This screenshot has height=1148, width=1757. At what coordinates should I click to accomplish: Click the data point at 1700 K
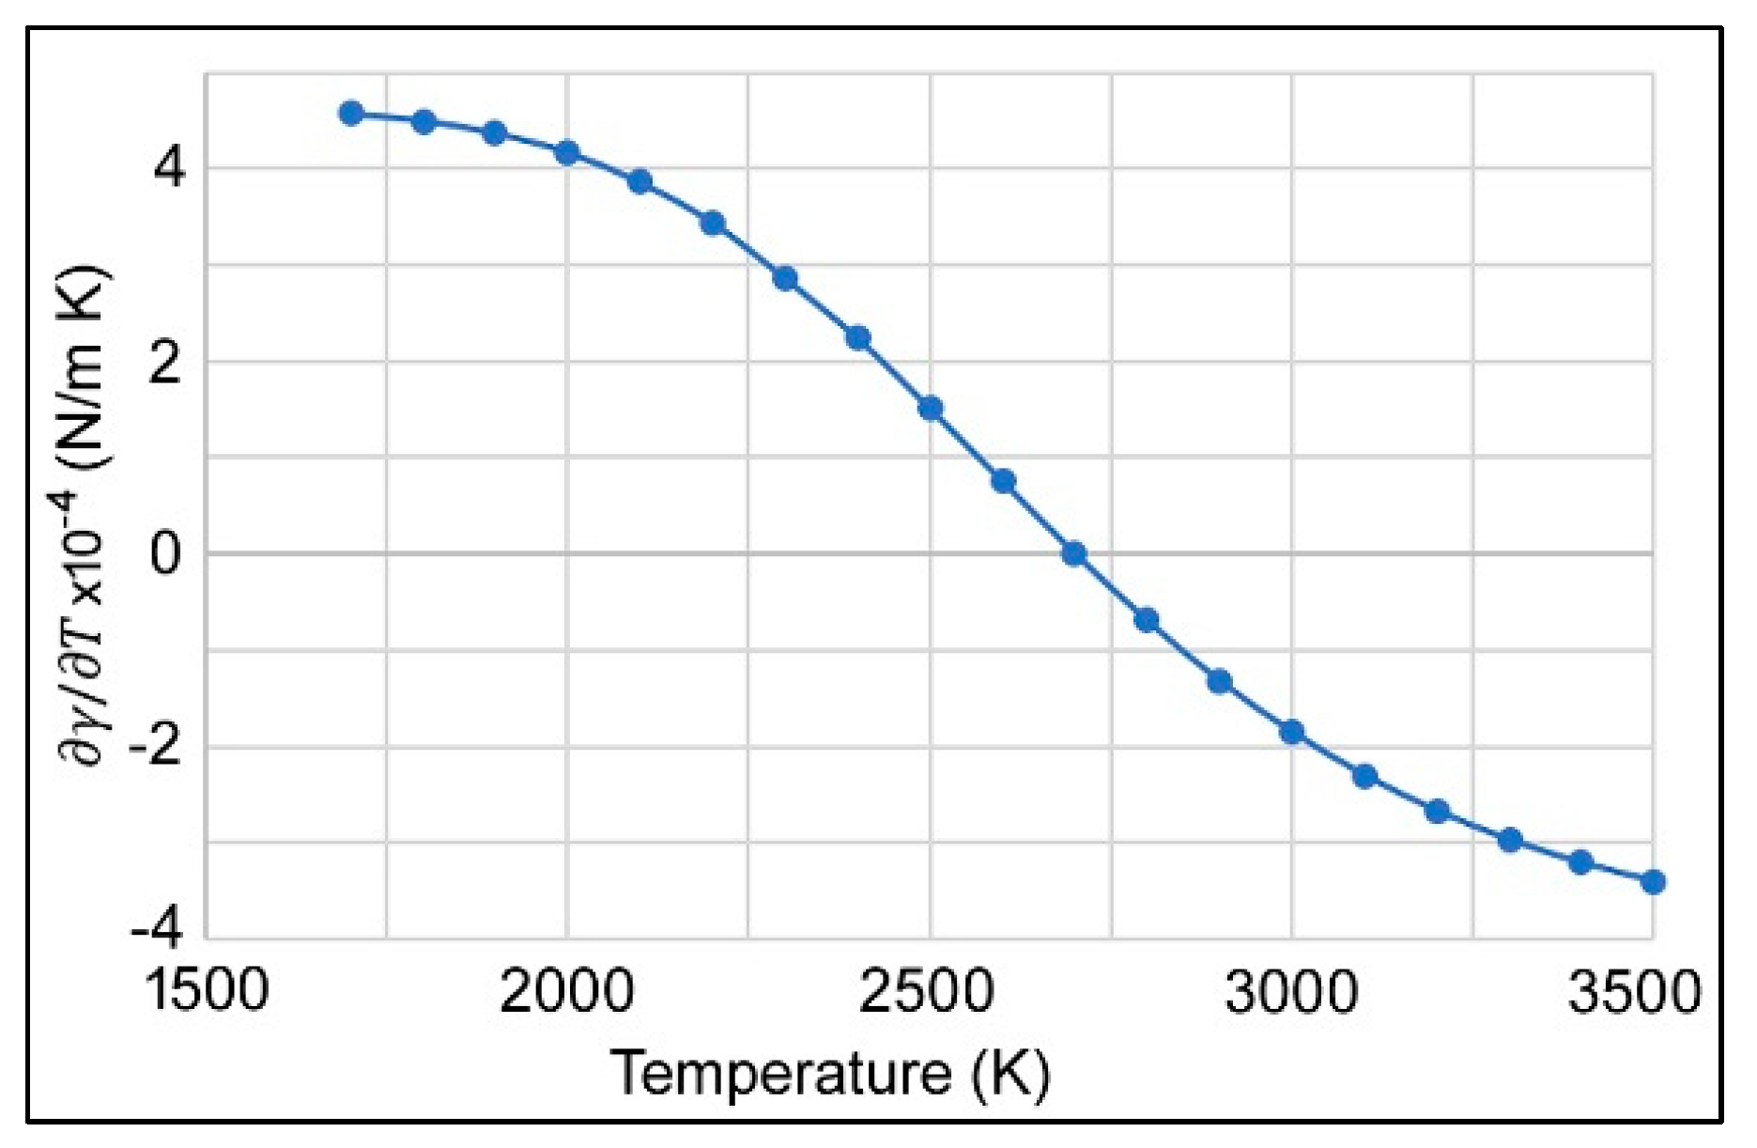[x=351, y=114]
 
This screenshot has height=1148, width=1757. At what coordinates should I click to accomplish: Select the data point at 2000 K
[x=566, y=152]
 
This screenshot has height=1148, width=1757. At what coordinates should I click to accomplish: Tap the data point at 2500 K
[x=930, y=408]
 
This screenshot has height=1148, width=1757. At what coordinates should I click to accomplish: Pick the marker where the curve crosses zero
[x=1074, y=553]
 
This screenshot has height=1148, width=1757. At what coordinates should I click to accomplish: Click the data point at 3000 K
[x=1292, y=732]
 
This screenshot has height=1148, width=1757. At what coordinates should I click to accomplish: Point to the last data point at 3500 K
[x=1653, y=881]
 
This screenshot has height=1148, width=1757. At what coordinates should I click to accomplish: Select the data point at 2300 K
[x=785, y=278]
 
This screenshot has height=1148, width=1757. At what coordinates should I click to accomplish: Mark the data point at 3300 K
[x=1509, y=839]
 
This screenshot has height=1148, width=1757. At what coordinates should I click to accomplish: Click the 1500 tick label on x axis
[x=207, y=990]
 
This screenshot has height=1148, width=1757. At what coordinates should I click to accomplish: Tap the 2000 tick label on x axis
[x=566, y=990]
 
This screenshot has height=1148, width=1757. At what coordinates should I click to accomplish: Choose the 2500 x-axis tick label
[x=927, y=990]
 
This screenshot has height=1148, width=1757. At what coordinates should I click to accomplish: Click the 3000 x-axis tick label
[x=1291, y=990]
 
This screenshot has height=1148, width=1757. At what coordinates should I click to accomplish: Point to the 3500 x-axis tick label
[x=1635, y=990]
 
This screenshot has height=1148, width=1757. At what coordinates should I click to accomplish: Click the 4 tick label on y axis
[x=169, y=169]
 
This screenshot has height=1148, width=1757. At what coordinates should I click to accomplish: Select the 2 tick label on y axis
[x=166, y=362]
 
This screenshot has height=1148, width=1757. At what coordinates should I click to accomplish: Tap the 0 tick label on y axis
[x=166, y=553]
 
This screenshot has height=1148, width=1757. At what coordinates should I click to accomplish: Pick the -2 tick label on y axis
[x=155, y=746]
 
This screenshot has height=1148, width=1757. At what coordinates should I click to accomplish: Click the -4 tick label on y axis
[x=155, y=928]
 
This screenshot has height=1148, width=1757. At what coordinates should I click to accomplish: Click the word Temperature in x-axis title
[x=779, y=1072]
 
